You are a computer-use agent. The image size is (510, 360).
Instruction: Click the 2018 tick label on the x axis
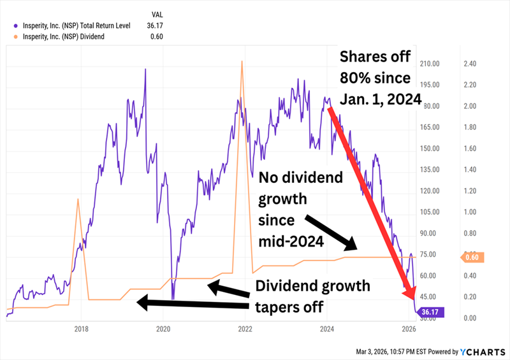pyautogui.click(x=81, y=329)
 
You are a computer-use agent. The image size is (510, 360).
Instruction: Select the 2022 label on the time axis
pyautogui.click(x=245, y=329)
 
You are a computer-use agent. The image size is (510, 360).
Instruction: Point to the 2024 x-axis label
pyautogui.click(x=327, y=329)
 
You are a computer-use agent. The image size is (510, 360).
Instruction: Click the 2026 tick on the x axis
pyautogui.click(x=409, y=329)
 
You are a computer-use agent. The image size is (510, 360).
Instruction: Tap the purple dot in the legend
pyautogui.click(x=15, y=25)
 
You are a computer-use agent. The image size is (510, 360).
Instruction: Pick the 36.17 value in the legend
pyautogui.click(x=156, y=25)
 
